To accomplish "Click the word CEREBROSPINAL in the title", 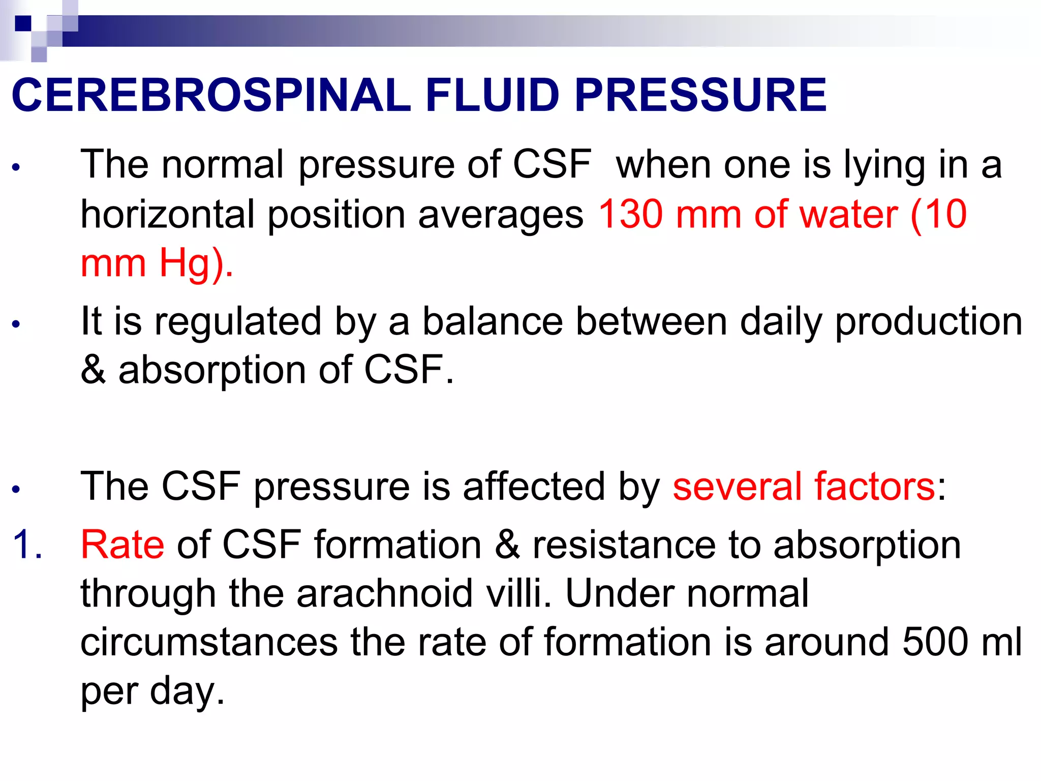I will click(211, 95).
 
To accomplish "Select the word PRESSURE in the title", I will click(701, 95).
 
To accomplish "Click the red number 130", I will click(631, 214).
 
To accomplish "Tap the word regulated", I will click(238, 322).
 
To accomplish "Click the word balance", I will click(493, 322).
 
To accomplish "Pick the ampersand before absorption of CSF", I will click(94, 370).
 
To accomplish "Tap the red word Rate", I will click(123, 545).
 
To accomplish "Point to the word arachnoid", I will click(385, 593).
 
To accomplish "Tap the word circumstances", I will click(209, 642).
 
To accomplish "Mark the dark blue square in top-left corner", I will click(23, 23).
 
